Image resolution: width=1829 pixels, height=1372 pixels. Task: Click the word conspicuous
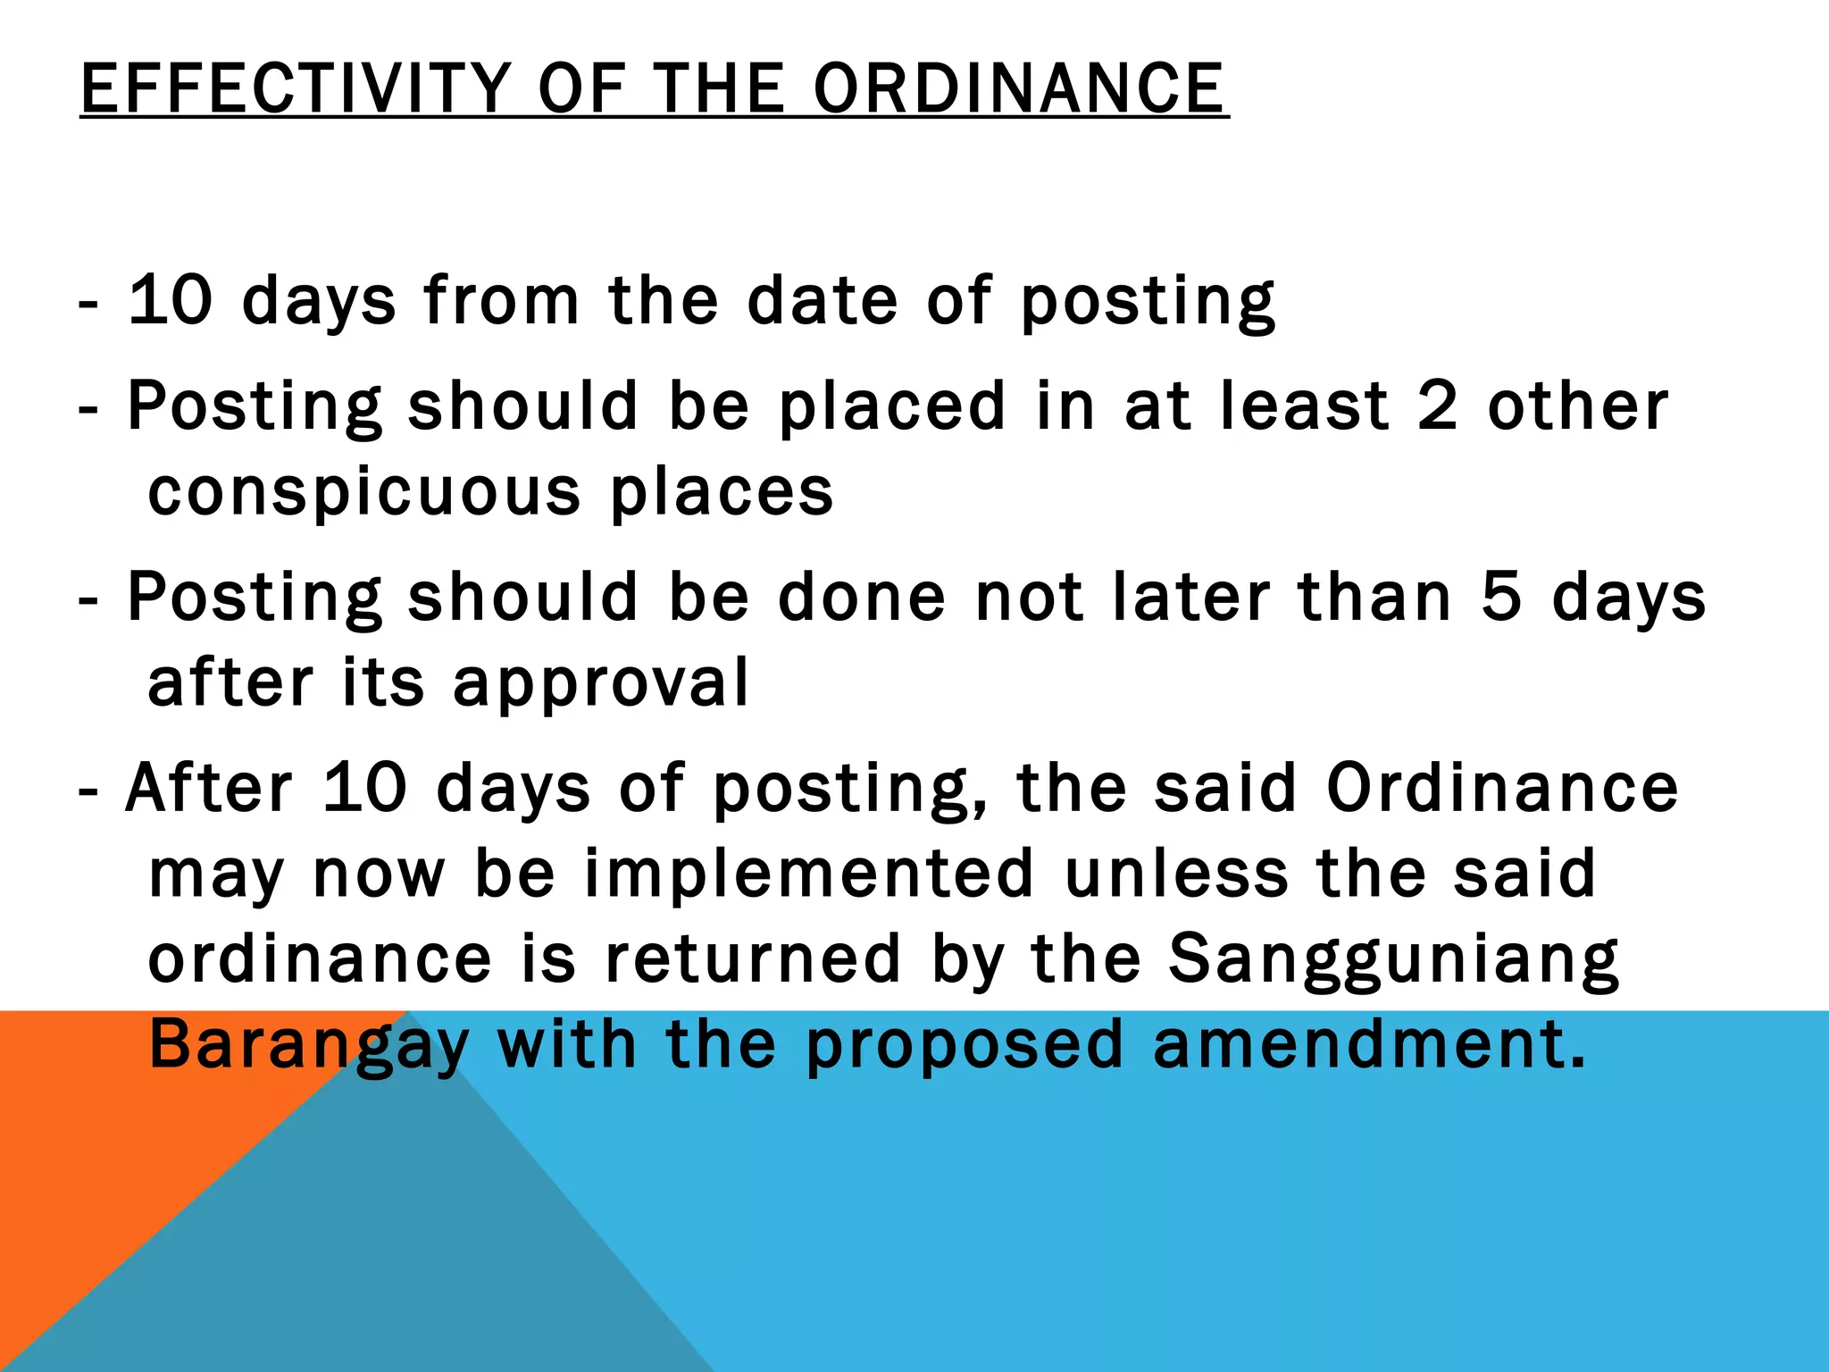[364, 492]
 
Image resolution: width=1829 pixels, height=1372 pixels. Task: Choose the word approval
[600, 683]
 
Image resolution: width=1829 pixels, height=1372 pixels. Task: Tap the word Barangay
[309, 1045]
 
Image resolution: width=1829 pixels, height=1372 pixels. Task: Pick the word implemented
[809, 873]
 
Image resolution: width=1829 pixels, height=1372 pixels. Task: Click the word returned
[753, 958]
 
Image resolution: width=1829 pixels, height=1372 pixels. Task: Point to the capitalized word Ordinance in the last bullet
[1502, 788]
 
